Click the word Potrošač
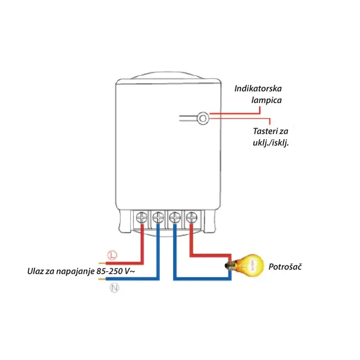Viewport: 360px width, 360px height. (284, 267)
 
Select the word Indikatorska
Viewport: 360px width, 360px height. (258, 89)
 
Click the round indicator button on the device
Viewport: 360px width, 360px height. (203, 118)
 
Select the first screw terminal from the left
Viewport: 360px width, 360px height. (142, 216)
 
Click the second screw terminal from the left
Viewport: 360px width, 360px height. (158, 216)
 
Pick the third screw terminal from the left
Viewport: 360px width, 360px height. (175, 216)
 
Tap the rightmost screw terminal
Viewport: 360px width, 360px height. (190, 216)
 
